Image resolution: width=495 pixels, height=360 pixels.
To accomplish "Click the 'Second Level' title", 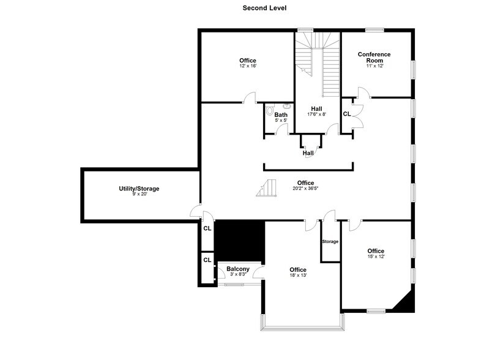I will pos(247,8).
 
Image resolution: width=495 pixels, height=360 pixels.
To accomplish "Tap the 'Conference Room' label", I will pos(374,58).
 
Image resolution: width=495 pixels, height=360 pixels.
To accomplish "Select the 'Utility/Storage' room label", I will pos(139,189).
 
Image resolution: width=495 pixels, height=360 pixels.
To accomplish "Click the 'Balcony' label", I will pos(237,269).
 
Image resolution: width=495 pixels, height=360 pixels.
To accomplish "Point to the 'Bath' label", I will pos(281,114).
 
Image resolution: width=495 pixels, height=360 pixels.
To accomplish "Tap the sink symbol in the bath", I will pos(286,106).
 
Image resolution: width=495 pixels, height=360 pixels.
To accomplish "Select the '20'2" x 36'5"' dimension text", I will pos(305,189).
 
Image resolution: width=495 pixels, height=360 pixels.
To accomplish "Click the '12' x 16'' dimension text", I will pos(247,66).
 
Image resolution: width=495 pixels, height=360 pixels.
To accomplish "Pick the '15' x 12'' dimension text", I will pos(376,257).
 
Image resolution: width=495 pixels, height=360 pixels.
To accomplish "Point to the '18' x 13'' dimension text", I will pos(297,276).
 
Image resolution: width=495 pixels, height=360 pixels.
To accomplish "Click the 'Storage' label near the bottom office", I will pos(330,241).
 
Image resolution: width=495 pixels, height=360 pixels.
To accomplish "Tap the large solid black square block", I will pos(240,241).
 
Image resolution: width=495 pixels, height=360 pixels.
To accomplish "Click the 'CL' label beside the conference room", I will pos(346,114).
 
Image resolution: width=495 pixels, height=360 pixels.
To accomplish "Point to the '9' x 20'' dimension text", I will pos(139,194).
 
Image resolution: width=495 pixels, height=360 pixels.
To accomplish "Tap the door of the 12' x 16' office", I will pos(250,97).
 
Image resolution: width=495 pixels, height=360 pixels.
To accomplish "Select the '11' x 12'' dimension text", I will pos(374,66).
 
